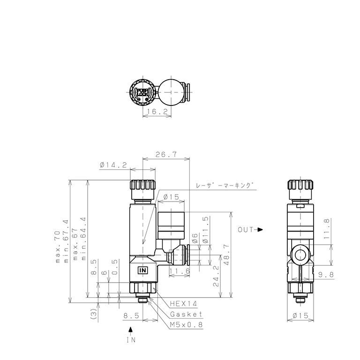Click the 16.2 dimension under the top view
click(x=157, y=112)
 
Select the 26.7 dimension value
click(x=166, y=154)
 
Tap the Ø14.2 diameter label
click(x=113, y=165)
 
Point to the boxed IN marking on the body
click(x=143, y=270)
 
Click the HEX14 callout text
click(x=183, y=304)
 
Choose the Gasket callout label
click(x=186, y=314)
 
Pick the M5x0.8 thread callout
click(x=186, y=325)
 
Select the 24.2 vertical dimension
click(x=216, y=276)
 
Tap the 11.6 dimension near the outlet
click(x=180, y=271)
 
